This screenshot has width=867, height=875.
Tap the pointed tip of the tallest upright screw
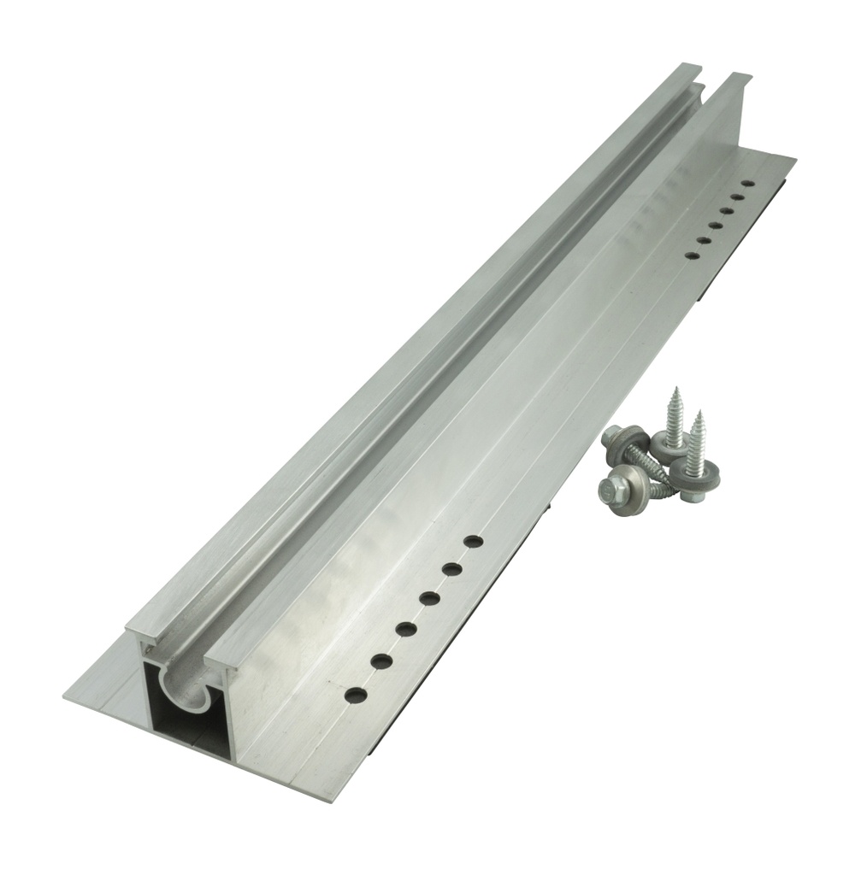[675, 390]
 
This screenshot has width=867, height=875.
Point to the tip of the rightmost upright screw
[699, 413]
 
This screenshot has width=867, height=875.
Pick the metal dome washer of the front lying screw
[623, 479]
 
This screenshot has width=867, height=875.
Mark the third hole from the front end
[405, 630]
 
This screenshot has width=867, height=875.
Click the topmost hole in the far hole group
[748, 183]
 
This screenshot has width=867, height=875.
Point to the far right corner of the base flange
[796, 161]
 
